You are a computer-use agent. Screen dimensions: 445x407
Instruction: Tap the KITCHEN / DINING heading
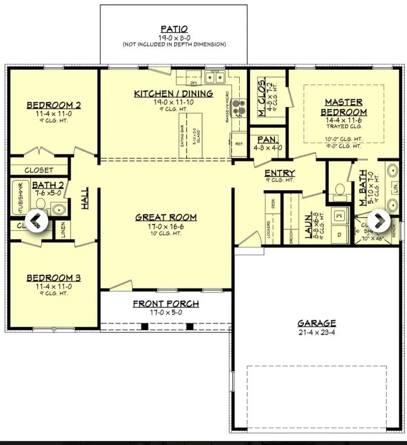(x=173, y=94)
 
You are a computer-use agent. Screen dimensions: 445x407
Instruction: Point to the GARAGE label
(x=317, y=323)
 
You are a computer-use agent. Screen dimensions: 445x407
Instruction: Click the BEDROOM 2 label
(x=54, y=105)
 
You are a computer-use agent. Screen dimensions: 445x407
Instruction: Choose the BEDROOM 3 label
(x=54, y=278)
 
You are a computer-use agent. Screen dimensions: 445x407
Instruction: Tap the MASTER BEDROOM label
(x=344, y=108)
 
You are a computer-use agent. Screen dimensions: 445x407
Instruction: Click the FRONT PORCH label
(x=166, y=304)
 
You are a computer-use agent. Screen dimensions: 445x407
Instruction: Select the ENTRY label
(x=279, y=173)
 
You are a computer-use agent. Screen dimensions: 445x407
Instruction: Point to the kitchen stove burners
(x=238, y=107)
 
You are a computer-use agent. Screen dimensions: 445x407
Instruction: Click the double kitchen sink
(x=215, y=78)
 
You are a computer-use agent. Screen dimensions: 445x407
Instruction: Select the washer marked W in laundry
(x=339, y=216)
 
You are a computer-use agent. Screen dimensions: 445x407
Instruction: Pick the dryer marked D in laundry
(x=339, y=234)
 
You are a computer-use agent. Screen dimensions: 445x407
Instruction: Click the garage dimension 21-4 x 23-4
(x=317, y=332)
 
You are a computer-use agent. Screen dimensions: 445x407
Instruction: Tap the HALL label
(x=85, y=199)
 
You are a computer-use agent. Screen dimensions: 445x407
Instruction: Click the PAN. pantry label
(x=267, y=140)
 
